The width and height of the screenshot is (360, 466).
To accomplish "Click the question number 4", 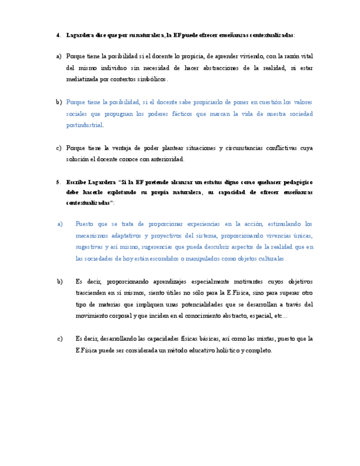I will click(x=58, y=35).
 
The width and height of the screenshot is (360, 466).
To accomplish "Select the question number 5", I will click(x=58, y=181).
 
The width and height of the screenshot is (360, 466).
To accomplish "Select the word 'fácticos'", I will click(x=182, y=114).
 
